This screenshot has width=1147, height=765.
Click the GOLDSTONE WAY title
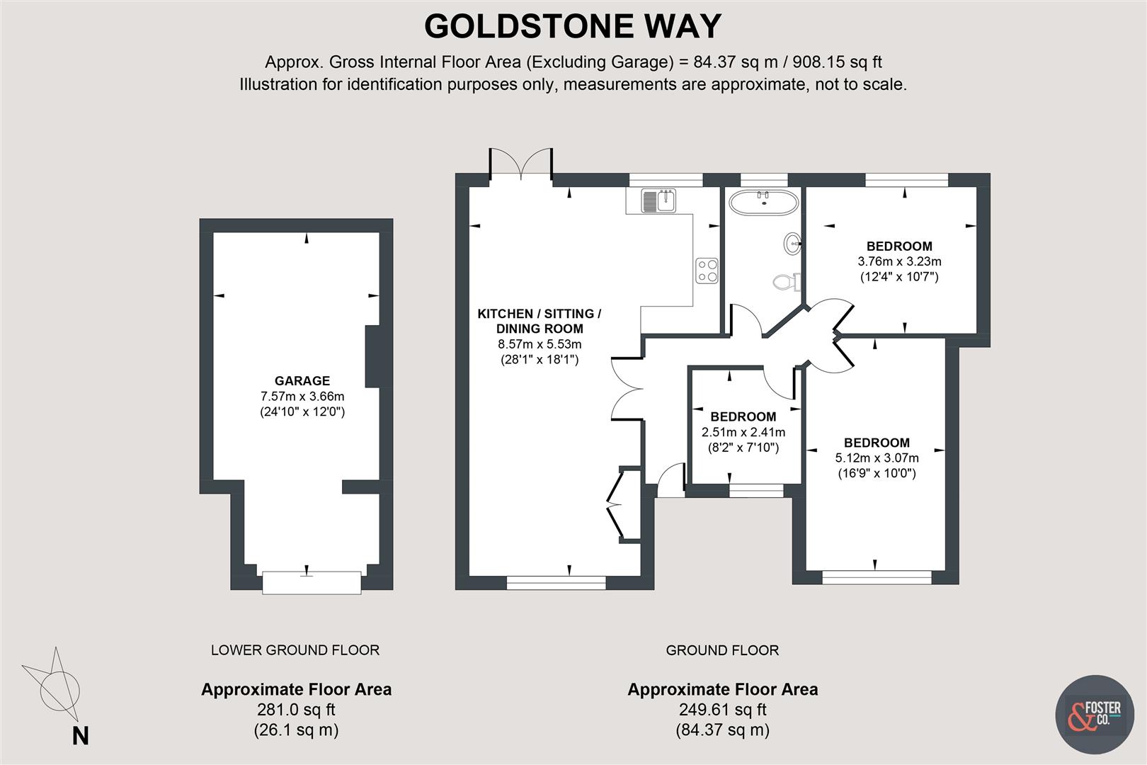point(572,27)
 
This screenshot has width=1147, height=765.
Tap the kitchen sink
point(659,200)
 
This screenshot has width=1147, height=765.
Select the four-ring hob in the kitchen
point(707,269)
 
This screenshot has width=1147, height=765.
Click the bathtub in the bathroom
point(764,203)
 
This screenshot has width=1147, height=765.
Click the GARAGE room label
point(302,381)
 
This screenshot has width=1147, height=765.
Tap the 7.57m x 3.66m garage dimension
point(302,397)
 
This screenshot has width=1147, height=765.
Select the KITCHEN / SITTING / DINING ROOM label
point(540,321)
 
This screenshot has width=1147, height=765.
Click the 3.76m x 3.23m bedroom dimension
point(899,261)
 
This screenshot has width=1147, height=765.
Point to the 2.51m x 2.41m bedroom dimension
point(743,432)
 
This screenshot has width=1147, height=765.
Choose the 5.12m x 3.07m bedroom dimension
point(877,458)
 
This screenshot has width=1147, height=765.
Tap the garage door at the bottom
point(312,582)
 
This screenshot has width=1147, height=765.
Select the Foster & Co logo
point(1094,714)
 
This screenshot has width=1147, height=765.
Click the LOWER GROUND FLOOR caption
point(295,650)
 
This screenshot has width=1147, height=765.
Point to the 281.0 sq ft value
point(296,710)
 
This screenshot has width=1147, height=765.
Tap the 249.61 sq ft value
point(722,710)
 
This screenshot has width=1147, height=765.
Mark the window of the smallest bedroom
point(757,488)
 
